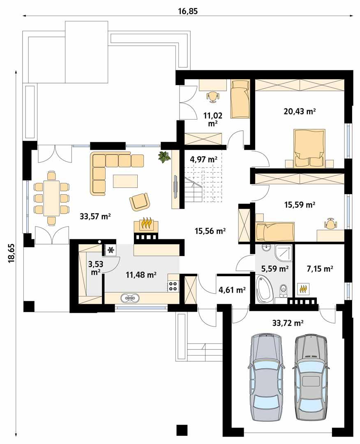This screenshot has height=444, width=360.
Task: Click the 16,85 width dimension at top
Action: coord(188,11)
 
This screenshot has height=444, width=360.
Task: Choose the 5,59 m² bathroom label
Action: coord(275,269)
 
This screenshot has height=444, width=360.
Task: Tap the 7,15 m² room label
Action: coord(320,269)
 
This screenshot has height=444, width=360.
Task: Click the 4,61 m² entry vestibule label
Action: coord(232,290)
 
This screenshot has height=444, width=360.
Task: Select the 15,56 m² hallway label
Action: coord(210,231)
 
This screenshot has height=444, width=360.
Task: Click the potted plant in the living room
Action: coord(164,157)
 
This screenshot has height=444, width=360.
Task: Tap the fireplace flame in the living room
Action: coord(147,224)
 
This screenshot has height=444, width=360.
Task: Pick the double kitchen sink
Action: coord(130,298)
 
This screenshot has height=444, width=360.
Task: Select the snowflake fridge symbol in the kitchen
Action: coord(111,250)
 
